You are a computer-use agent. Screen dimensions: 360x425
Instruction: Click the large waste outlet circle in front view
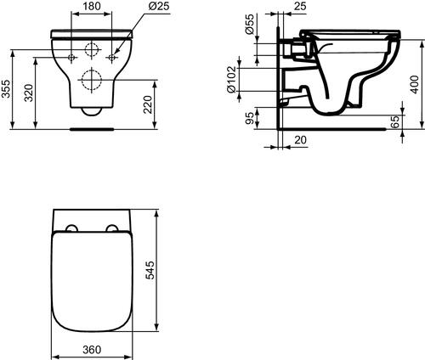pyautogui.click(x=92, y=82)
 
